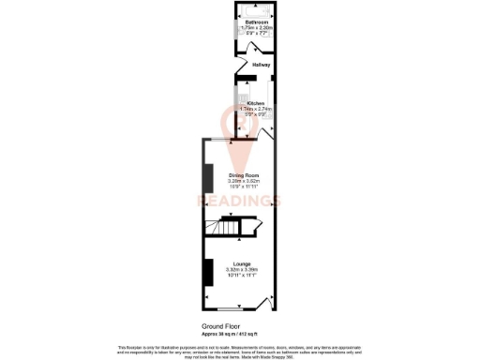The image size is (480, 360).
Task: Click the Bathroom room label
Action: click(254, 22)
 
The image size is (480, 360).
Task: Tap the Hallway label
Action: click(262, 65)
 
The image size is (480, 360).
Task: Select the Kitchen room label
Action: click(255, 103)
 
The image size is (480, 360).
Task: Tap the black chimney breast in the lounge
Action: click(208, 272)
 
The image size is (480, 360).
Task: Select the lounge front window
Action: click(229, 310)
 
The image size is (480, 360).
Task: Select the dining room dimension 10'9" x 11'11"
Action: click(237, 187)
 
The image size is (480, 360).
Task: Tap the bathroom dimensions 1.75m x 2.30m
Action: click(254, 27)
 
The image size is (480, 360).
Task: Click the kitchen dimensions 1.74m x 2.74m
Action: click(254, 109)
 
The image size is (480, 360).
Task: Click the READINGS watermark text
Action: click(238, 201)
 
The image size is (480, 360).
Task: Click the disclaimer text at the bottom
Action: click(239, 350)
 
